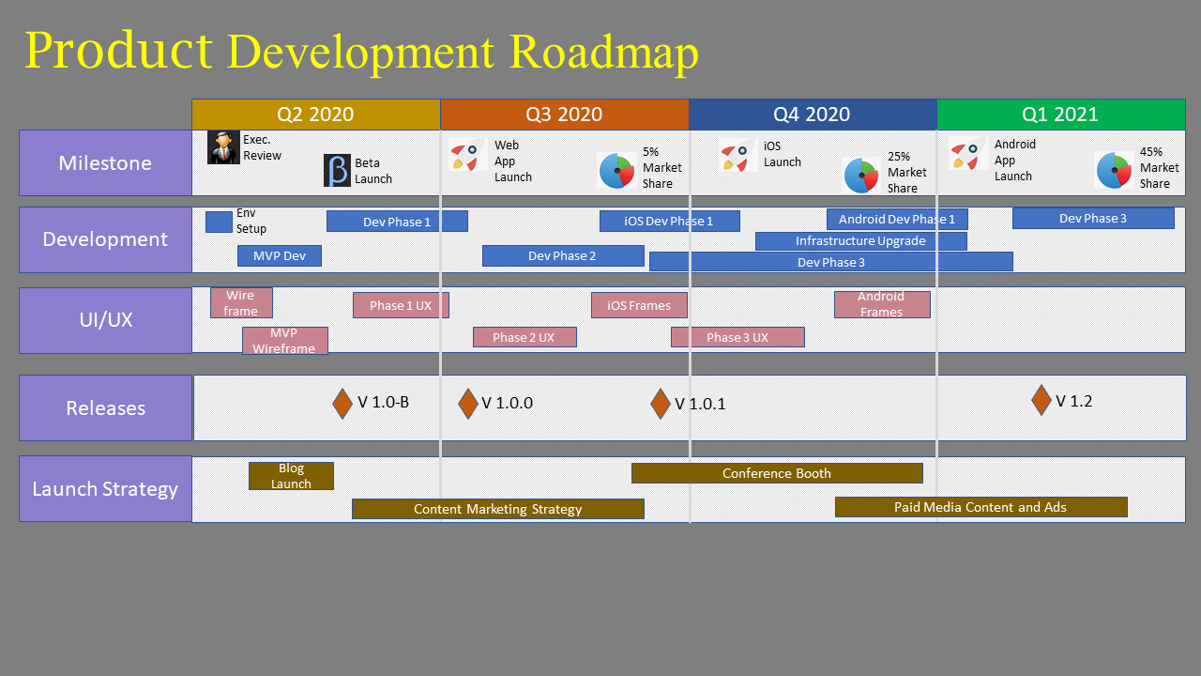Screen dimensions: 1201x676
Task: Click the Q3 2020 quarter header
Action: (x=564, y=115)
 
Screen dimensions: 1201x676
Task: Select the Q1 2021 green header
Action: (x=1061, y=115)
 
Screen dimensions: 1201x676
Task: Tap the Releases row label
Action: (x=106, y=407)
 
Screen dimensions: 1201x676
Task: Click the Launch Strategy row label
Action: (x=106, y=489)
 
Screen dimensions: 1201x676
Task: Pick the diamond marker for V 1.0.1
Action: (x=661, y=404)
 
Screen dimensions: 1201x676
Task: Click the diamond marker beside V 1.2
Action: (x=1041, y=400)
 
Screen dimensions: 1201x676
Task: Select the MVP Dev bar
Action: (x=280, y=256)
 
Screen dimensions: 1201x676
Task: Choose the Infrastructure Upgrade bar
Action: (x=861, y=241)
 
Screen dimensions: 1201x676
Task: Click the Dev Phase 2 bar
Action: (x=563, y=256)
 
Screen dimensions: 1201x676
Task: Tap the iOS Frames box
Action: (x=639, y=305)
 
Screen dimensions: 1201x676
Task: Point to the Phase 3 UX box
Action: (x=737, y=337)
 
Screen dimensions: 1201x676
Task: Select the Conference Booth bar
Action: (x=777, y=473)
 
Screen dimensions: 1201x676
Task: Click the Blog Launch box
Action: (x=291, y=476)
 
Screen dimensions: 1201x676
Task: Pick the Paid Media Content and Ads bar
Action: (x=981, y=507)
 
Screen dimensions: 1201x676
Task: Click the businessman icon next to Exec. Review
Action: (x=223, y=147)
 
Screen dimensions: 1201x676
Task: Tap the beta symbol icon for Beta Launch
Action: (x=337, y=171)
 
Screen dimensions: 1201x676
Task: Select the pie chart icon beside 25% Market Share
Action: (x=861, y=175)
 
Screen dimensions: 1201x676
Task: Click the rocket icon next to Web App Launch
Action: (x=465, y=156)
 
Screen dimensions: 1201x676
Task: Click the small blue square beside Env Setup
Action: (x=219, y=223)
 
